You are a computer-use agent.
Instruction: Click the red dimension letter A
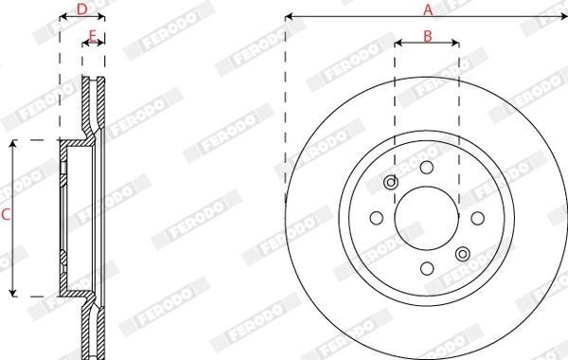click(x=428, y=9)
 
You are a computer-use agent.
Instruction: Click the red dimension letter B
click(x=428, y=36)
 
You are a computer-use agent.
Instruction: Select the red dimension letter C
click(x=6, y=215)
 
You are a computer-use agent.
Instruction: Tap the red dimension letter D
click(x=82, y=9)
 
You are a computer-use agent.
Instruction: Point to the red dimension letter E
click(x=93, y=36)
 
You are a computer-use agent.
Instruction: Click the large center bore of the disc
click(x=427, y=218)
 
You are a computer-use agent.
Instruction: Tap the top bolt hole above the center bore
click(x=427, y=168)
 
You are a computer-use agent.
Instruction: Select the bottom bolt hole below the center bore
click(x=427, y=269)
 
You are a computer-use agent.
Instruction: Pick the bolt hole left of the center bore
click(x=377, y=218)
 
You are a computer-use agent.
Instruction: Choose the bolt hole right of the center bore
click(x=477, y=218)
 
